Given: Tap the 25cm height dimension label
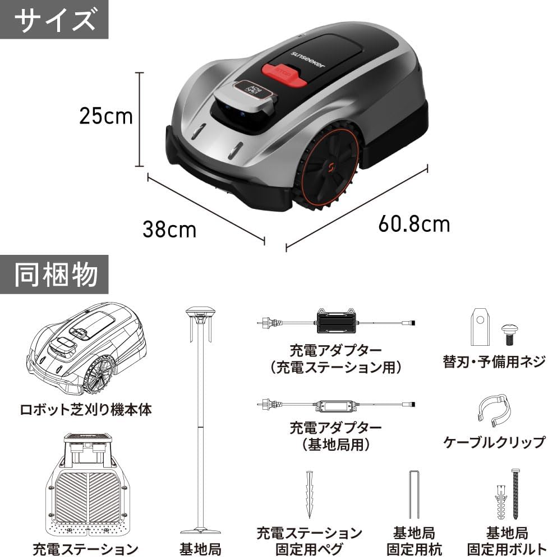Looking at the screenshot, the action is point(105,116).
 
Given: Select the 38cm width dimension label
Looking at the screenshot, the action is point(169,230).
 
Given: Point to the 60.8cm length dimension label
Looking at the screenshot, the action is point(414,224).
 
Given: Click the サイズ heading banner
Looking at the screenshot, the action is point(54,20).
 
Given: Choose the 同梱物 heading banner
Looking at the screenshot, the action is point(54,275).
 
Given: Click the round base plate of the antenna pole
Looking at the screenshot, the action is point(200,532).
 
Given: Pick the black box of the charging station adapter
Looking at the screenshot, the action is point(337,322).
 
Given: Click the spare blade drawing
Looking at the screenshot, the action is point(481,327).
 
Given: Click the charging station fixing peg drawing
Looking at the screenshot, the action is point(310,495).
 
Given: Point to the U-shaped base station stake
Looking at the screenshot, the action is point(414,495).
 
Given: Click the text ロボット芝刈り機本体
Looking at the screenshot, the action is point(86,410).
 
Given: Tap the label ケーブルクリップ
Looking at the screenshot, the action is point(494,442).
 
